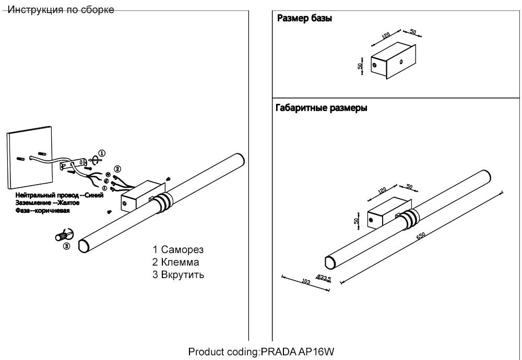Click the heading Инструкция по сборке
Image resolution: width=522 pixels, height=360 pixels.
point(62,10)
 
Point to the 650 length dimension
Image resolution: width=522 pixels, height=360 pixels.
point(421,237)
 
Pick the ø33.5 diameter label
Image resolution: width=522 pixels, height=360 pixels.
point(324,278)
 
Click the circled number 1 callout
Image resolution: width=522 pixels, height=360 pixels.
point(102,153)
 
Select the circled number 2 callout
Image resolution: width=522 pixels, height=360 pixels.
point(117,169)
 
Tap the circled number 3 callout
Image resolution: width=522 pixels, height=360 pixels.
point(66,246)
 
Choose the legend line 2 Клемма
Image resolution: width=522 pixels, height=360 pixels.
point(176,262)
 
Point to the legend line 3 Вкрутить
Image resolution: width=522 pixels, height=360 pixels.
point(178,275)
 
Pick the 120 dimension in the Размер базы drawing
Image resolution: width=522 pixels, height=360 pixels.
point(386,36)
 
